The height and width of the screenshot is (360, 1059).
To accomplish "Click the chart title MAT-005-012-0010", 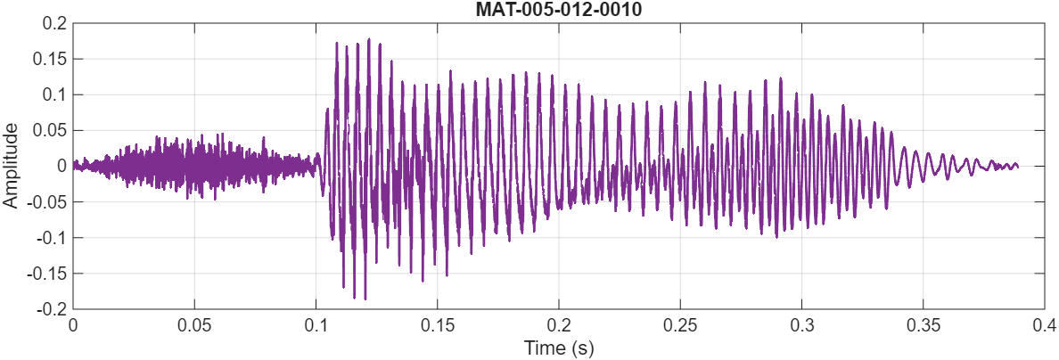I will point(558,10).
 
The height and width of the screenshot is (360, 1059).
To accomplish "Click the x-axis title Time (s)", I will point(558,348).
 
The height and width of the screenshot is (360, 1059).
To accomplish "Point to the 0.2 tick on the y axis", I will point(54,23).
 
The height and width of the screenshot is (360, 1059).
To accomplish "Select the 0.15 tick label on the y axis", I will point(49,59).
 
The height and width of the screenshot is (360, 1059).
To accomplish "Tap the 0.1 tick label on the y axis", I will point(54,94).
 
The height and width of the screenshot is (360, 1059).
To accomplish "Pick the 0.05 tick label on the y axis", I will point(49,130).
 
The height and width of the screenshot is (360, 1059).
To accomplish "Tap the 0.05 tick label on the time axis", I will point(193,325).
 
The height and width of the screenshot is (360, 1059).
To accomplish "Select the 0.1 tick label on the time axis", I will point(316,325).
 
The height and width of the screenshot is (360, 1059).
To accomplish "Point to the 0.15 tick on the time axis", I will point(437,325).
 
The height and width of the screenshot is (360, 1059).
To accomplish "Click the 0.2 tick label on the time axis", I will point(559,325).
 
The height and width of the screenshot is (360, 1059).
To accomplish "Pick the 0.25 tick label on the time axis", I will point(680,325).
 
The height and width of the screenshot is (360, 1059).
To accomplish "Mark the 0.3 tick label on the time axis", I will point(802,325).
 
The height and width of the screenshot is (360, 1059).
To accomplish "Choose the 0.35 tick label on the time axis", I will point(924,325).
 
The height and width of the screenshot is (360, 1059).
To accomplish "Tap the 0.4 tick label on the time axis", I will point(1045,325).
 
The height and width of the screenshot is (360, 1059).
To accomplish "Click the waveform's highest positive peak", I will point(368,39).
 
